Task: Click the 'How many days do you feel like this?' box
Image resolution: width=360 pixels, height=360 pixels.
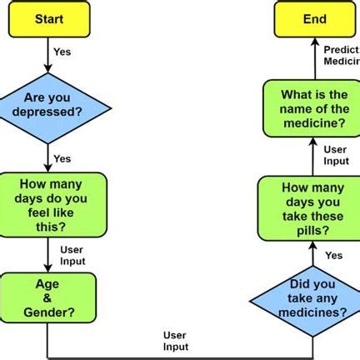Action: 54,204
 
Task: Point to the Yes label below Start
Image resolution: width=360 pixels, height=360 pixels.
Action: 62,52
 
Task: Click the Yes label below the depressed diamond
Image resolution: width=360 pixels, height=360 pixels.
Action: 62,158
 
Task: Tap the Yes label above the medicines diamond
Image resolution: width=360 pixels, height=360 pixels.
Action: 333,255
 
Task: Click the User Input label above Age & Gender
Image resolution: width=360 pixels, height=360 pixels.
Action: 72,255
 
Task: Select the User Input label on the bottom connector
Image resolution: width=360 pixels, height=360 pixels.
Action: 175,340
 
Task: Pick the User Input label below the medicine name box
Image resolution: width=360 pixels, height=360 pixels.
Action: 336,155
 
